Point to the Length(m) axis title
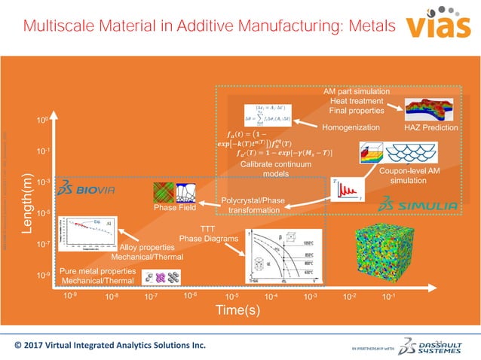click(28, 209)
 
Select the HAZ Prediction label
click(431, 128)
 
